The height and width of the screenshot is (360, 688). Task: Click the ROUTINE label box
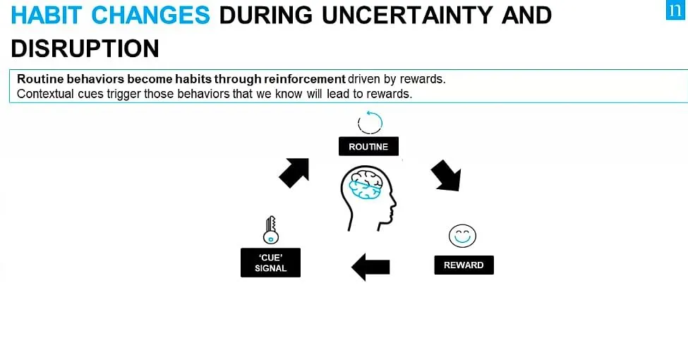[x=368, y=146]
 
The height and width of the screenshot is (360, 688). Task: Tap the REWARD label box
[x=464, y=265]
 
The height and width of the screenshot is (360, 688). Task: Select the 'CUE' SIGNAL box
[x=270, y=263]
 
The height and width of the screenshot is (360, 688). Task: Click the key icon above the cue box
[x=271, y=229]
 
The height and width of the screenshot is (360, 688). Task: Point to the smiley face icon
[x=462, y=236]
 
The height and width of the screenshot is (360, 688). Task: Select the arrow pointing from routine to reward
[x=446, y=175]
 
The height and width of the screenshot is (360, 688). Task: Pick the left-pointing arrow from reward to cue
[x=370, y=267]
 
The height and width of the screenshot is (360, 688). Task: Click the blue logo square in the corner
[x=675, y=10]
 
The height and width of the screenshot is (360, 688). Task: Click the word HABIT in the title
[x=47, y=15]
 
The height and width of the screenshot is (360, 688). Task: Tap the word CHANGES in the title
[x=151, y=15]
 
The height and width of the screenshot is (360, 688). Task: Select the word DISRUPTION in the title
[x=85, y=48]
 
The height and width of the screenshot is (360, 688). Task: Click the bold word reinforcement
[x=305, y=79]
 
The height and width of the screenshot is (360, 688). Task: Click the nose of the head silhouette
[x=394, y=203]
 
